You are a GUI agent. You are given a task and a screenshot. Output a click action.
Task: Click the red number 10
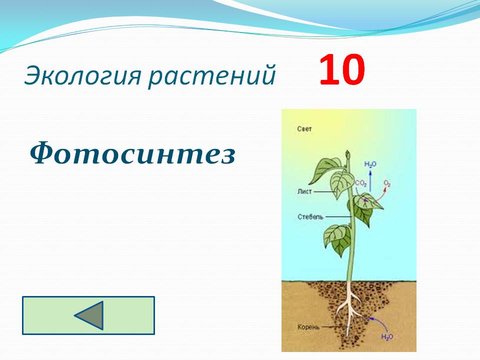pyautogui.click(x=342, y=69)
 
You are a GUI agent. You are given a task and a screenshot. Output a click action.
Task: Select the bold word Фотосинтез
pyautogui.click(x=132, y=152)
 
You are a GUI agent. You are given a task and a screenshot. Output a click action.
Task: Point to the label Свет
pyautogui.click(x=304, y=129)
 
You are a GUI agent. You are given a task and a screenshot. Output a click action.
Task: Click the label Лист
pyautogui.click(x=304, y=191)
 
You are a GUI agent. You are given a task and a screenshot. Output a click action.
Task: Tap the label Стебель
pyautogui.click(x=310, y=217)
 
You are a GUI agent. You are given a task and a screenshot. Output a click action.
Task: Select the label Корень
pyautogui.click(x=308, y=327)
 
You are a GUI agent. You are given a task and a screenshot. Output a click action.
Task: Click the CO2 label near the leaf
pyautogui.click(x=360, y=183)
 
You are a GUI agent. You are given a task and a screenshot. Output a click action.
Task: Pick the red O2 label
pyautogui.click(x=387, y=183)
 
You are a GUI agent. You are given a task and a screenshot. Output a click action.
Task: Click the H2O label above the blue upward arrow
pyautogui.click(x=370, y=164)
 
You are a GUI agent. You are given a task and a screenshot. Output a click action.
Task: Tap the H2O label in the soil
pyautogui.click(x=387, y=336)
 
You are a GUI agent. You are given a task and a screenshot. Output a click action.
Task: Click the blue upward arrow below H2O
pyautogui.click(x=370, y=180)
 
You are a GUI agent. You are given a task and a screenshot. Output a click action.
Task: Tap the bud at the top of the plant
pyautogui.click(x=347, y=154)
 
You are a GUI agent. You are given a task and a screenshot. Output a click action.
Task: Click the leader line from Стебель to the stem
pyautogui.click(x=338, y=217)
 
